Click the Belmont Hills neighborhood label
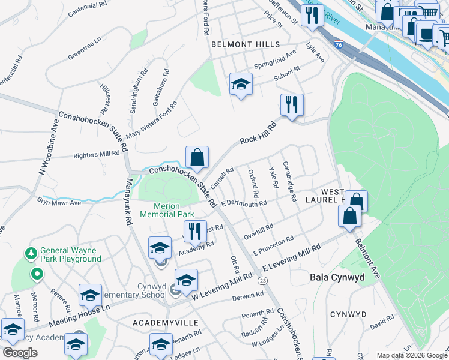pos(246,44)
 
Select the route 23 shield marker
pos(262,280)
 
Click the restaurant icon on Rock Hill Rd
pos(292,105)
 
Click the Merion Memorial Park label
pos(167,210)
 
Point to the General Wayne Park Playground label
pos(71,254)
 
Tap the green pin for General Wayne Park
pos(37,275)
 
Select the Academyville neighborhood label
pos(166,323)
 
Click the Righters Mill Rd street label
pos(97,155)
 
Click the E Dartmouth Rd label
pos(244,204)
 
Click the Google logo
pos(20,353)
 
